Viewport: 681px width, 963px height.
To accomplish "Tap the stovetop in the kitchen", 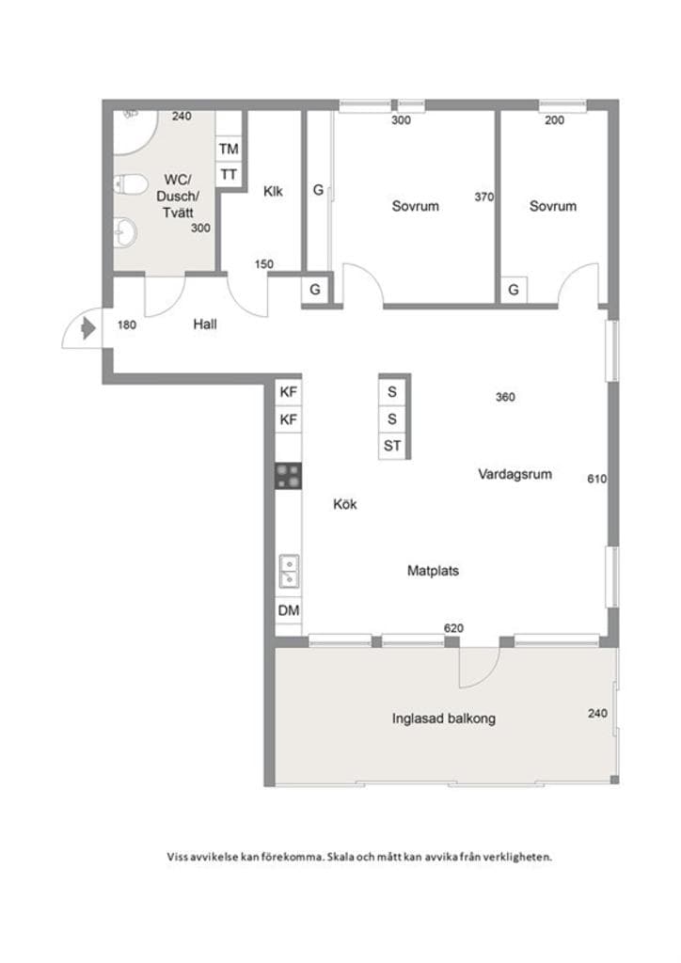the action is [288, 476].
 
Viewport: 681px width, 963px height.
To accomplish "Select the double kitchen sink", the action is [289, 571].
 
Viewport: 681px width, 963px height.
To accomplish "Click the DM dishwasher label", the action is [289, 610].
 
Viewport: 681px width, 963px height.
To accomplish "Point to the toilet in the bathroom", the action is [131, 183].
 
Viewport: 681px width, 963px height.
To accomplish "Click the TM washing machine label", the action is [229, 149].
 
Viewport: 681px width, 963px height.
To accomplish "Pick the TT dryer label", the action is [229, 175].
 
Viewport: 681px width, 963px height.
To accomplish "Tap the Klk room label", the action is [274, 191].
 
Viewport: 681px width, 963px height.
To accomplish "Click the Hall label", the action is [205, 324].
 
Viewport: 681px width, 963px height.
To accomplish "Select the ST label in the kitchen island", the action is [392, 446].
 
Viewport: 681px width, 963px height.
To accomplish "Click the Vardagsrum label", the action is [515, 474].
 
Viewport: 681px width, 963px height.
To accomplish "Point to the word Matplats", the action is [433, 571].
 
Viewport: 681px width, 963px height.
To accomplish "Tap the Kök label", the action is [344, 504].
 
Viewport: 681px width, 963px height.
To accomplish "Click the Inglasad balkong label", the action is [444, 718].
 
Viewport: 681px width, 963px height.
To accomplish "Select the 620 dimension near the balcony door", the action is [453, 628].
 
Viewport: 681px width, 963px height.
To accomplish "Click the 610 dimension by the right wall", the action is [597, 479].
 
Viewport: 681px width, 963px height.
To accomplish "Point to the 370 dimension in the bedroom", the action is [483, 197].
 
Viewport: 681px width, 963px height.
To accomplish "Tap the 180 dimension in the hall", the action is [126, 324].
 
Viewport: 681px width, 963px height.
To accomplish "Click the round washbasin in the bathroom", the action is [126, 232].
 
